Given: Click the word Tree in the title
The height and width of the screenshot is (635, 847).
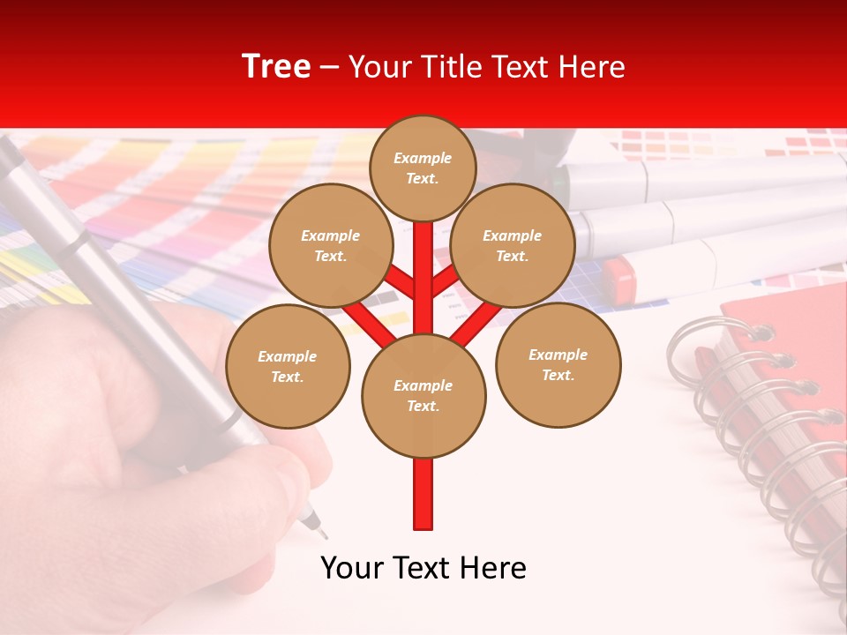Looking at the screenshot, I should tap(276, 67).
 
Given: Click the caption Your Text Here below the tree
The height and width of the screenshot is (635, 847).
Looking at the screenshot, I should tap(423, 568).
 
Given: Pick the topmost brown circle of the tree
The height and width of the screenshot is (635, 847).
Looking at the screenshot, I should tap(423, 168).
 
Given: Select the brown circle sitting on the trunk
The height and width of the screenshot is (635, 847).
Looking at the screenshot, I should tap(423, 396).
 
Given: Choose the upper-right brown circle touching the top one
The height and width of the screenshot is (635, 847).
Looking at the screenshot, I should tap(513, 245).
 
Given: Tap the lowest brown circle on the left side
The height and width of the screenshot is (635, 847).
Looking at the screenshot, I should tap(288, 366).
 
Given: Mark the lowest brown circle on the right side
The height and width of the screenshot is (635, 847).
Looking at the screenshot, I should tap(558, 364).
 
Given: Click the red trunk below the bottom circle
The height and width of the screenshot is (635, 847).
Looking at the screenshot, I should tap(423, 494).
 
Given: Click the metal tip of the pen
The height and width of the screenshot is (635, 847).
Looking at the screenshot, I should tap(315, 527).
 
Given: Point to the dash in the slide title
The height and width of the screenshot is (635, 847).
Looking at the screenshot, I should tap(330, 67).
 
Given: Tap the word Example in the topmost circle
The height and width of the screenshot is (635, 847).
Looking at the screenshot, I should tap(423, 158).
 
